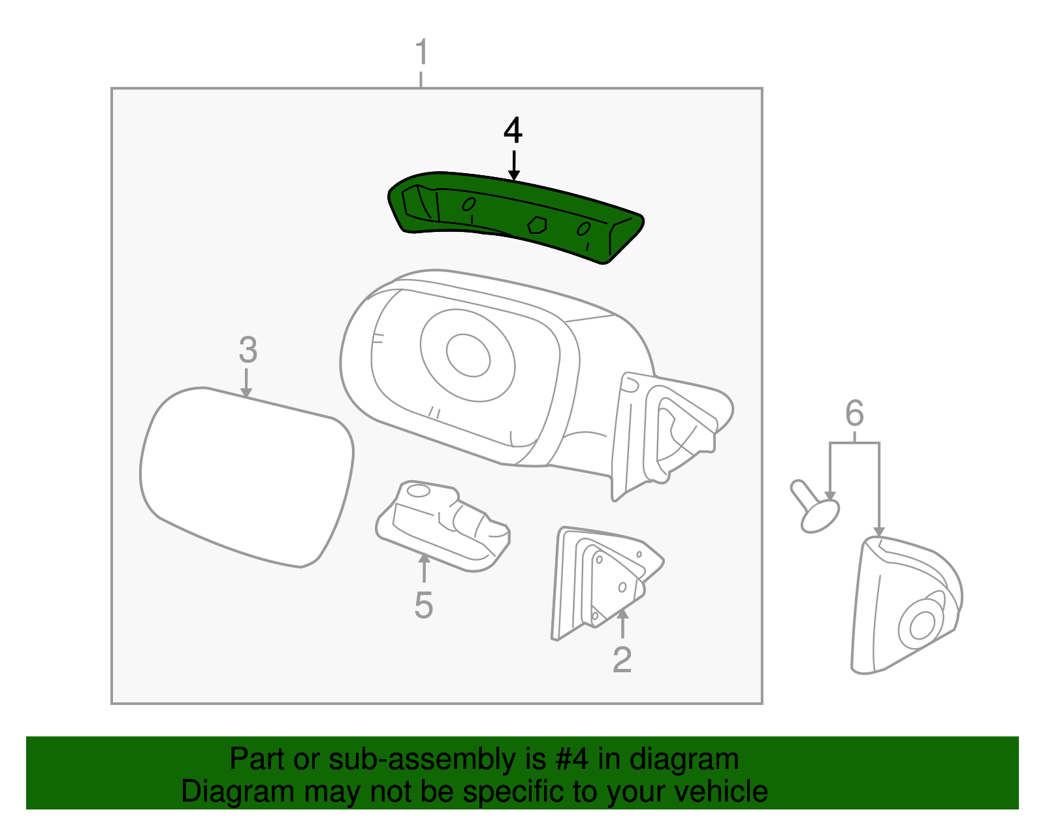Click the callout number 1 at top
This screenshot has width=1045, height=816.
click(422, 52)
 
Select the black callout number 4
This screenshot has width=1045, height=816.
click(513, 131)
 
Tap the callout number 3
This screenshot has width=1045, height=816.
click(248, 350)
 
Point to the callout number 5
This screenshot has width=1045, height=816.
click(423, 605)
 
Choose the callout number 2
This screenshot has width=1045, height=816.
click(622, 660)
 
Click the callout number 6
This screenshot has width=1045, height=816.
click(854, 414)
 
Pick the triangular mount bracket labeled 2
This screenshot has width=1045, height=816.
click(604, 581)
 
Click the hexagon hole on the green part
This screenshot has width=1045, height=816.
click(537, 225)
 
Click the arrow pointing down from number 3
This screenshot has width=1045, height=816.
click(246, 383)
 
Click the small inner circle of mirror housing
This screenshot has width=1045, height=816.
click(468, 355)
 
